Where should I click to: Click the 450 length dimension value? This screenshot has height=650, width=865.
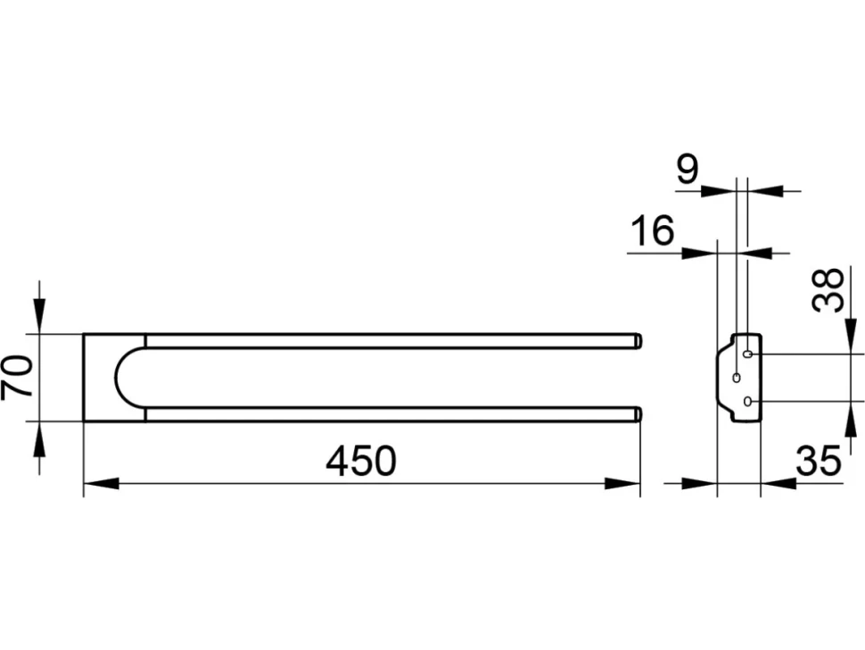361,462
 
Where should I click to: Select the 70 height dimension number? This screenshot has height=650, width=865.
18,377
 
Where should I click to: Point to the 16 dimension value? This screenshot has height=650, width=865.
653,231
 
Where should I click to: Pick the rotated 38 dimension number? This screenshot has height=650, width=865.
828,290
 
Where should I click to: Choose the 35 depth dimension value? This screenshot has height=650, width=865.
819,461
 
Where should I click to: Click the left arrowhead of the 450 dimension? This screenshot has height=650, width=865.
101,484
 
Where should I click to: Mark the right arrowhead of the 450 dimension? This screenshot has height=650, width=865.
622,484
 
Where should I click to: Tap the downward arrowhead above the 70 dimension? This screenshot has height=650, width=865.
40,316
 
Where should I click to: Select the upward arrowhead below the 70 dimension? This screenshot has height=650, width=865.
40,439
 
